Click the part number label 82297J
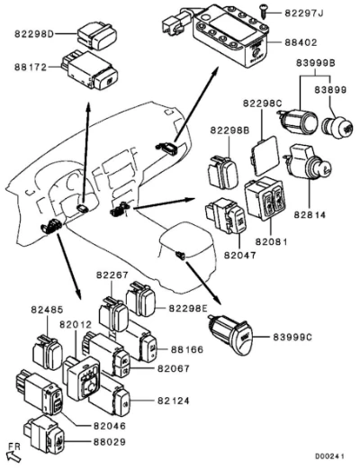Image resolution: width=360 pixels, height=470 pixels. pos(304,14)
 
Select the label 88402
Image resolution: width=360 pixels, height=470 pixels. pos(301,42)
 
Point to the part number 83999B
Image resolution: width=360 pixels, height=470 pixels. pos(316,63)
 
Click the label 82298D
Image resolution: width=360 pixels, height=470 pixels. pos(34,34)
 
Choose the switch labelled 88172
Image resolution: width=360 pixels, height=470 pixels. pos(90,70)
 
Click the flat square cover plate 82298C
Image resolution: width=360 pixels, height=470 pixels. pos(265,156)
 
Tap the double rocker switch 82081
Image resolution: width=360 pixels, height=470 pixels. pos(265,198)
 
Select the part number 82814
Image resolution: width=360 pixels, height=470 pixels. pos(310,215)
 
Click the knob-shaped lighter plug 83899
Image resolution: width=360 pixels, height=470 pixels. pos(337,128)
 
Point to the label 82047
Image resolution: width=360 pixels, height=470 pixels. pos(240,255)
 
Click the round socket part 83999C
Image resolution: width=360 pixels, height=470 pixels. pos(232,334)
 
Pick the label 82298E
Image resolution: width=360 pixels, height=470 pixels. pos(188,308)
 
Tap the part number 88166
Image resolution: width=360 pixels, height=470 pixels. pos(187,349)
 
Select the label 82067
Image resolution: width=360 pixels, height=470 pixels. pos(174,368)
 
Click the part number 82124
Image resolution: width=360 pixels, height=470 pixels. pos(174,401)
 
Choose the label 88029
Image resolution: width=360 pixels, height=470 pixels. pos(110,442)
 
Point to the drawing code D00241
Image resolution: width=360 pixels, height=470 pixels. pos(329,456)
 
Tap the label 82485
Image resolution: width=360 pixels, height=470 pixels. pos(48,310)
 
